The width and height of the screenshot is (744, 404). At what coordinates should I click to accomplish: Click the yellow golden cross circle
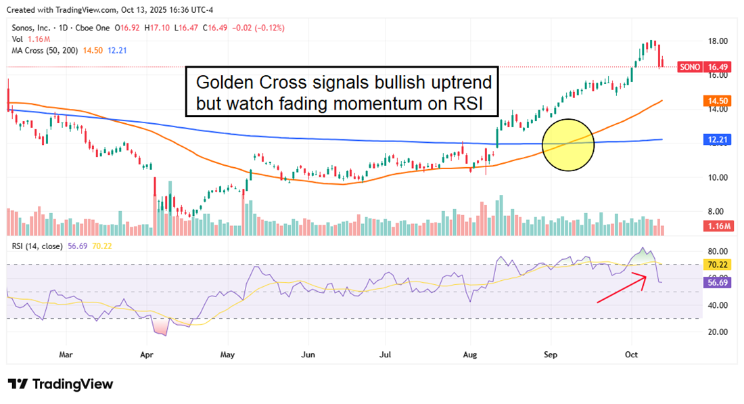[569, 145]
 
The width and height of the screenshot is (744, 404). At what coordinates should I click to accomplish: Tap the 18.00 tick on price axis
[718, 41]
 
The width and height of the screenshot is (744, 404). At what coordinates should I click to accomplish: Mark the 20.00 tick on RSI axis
[718, 332]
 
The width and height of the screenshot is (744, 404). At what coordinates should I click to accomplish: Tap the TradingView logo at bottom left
[61, 384]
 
